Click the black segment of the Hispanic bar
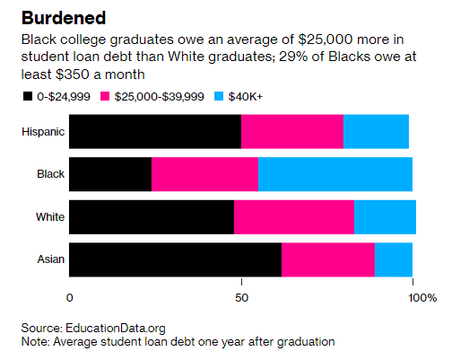point(154,131)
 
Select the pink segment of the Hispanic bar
point(291,131)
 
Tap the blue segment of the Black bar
point(335,174)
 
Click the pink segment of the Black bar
point(204,174)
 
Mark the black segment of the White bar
point(151,217)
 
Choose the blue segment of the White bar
point(385,217)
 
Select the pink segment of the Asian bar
point(327,259)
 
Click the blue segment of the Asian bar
point(393,259)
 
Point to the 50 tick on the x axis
point(241,296)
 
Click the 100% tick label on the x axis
point(422,296)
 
